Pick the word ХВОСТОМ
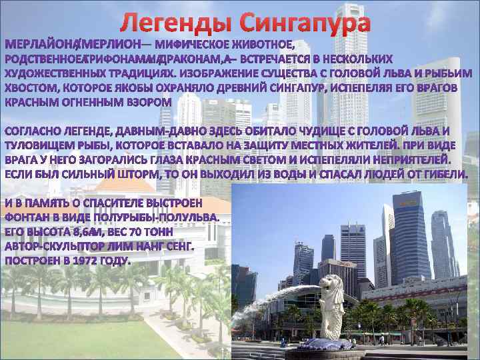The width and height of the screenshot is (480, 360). [x=31, y=87]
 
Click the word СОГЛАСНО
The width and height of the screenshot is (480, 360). [x=33, y=130]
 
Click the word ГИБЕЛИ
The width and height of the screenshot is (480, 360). [x=439, y=174]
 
